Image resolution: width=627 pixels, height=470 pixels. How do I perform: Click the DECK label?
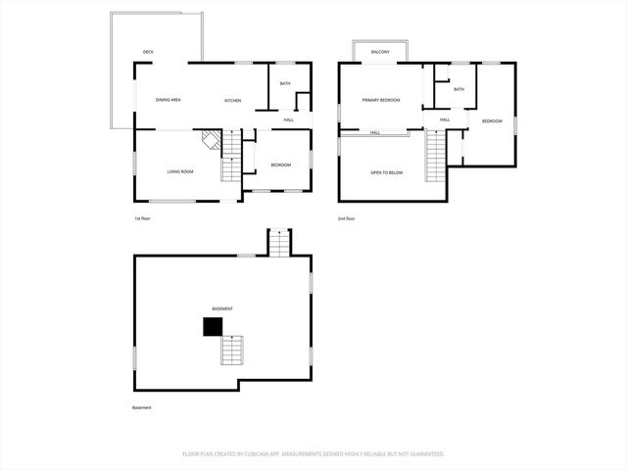coord(148,52)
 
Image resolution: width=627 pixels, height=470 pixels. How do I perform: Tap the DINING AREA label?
coord(168,100)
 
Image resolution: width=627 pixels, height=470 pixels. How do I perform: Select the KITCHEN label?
coord(232,101)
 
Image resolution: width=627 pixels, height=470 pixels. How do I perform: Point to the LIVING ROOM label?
coord(179,171)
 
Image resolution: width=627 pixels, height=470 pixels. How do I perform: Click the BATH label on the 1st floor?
coord(285,84)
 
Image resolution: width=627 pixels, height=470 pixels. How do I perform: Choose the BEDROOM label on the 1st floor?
coord(281,164)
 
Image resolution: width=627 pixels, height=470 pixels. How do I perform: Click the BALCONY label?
coord(381,52)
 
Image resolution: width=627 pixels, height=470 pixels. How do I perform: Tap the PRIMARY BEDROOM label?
coord(380,100)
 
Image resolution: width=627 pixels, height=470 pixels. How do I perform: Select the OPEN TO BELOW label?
coord(386,172)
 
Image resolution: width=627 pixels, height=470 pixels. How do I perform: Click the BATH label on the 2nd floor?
coord(458,90)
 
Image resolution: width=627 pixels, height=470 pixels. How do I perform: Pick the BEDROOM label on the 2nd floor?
coord(491,120)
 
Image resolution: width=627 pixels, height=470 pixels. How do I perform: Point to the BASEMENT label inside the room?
coord(222,308)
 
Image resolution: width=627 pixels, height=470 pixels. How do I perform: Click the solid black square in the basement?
coord(212,327)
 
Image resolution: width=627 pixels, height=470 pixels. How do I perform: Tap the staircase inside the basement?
coord(231,349)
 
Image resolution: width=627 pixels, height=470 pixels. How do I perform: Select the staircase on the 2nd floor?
coord(436,156)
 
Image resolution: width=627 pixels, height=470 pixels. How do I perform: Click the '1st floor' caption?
coord(142,218)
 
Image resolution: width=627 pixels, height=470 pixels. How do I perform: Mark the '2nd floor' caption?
coord(346,218)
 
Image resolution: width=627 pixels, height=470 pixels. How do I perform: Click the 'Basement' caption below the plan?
coord(142,407)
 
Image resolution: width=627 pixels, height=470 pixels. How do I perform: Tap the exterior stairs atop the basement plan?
coord(279,242)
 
